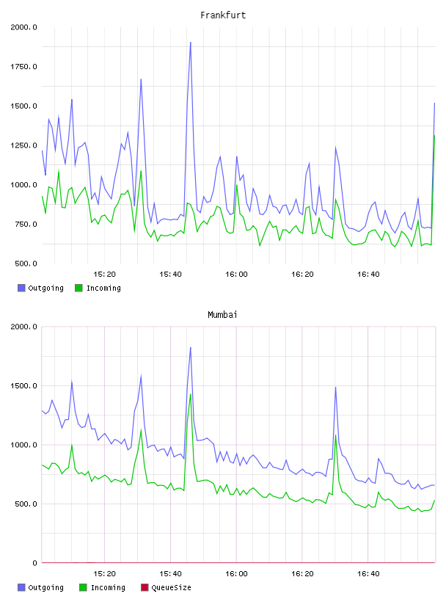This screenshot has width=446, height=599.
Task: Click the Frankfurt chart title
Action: point(223,15)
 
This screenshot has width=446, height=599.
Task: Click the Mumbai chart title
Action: point(222,315)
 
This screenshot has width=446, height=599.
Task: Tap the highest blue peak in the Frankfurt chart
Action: point(191,43)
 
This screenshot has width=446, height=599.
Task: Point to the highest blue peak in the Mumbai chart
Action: point(191,348)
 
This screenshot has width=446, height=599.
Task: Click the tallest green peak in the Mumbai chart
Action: point(191,394)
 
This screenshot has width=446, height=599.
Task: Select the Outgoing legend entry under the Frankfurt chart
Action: point(40,288)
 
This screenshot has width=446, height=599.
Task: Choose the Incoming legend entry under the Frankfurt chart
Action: point(98,288)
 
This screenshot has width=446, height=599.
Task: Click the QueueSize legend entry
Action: point(166,587)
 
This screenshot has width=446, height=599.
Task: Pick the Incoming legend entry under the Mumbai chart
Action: point(102,587)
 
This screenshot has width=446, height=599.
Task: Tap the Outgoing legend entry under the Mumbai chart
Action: point(40,587)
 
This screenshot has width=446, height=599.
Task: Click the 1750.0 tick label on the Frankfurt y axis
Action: point(23,67)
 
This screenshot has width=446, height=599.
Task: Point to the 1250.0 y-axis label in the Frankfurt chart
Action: point(23,145)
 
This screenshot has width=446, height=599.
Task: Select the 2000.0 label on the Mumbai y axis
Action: point(23,327)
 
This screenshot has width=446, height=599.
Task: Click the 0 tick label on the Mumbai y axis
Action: point(34,563)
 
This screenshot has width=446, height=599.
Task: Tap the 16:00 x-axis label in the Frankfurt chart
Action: point(236,275)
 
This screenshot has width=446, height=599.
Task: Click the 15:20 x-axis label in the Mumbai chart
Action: point(105,574)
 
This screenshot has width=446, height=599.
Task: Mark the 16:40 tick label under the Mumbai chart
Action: point(368,574)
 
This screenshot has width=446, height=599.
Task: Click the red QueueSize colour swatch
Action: point(145,587)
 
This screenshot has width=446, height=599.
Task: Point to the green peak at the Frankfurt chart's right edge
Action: point(434,136)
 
